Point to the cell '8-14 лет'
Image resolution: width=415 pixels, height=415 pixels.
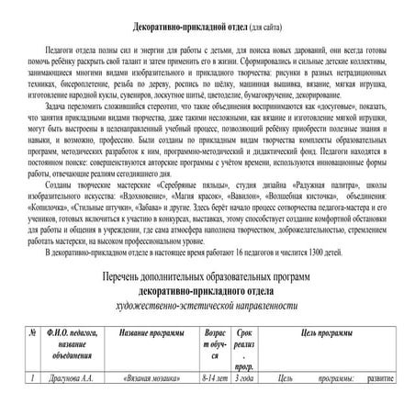[215, 377]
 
